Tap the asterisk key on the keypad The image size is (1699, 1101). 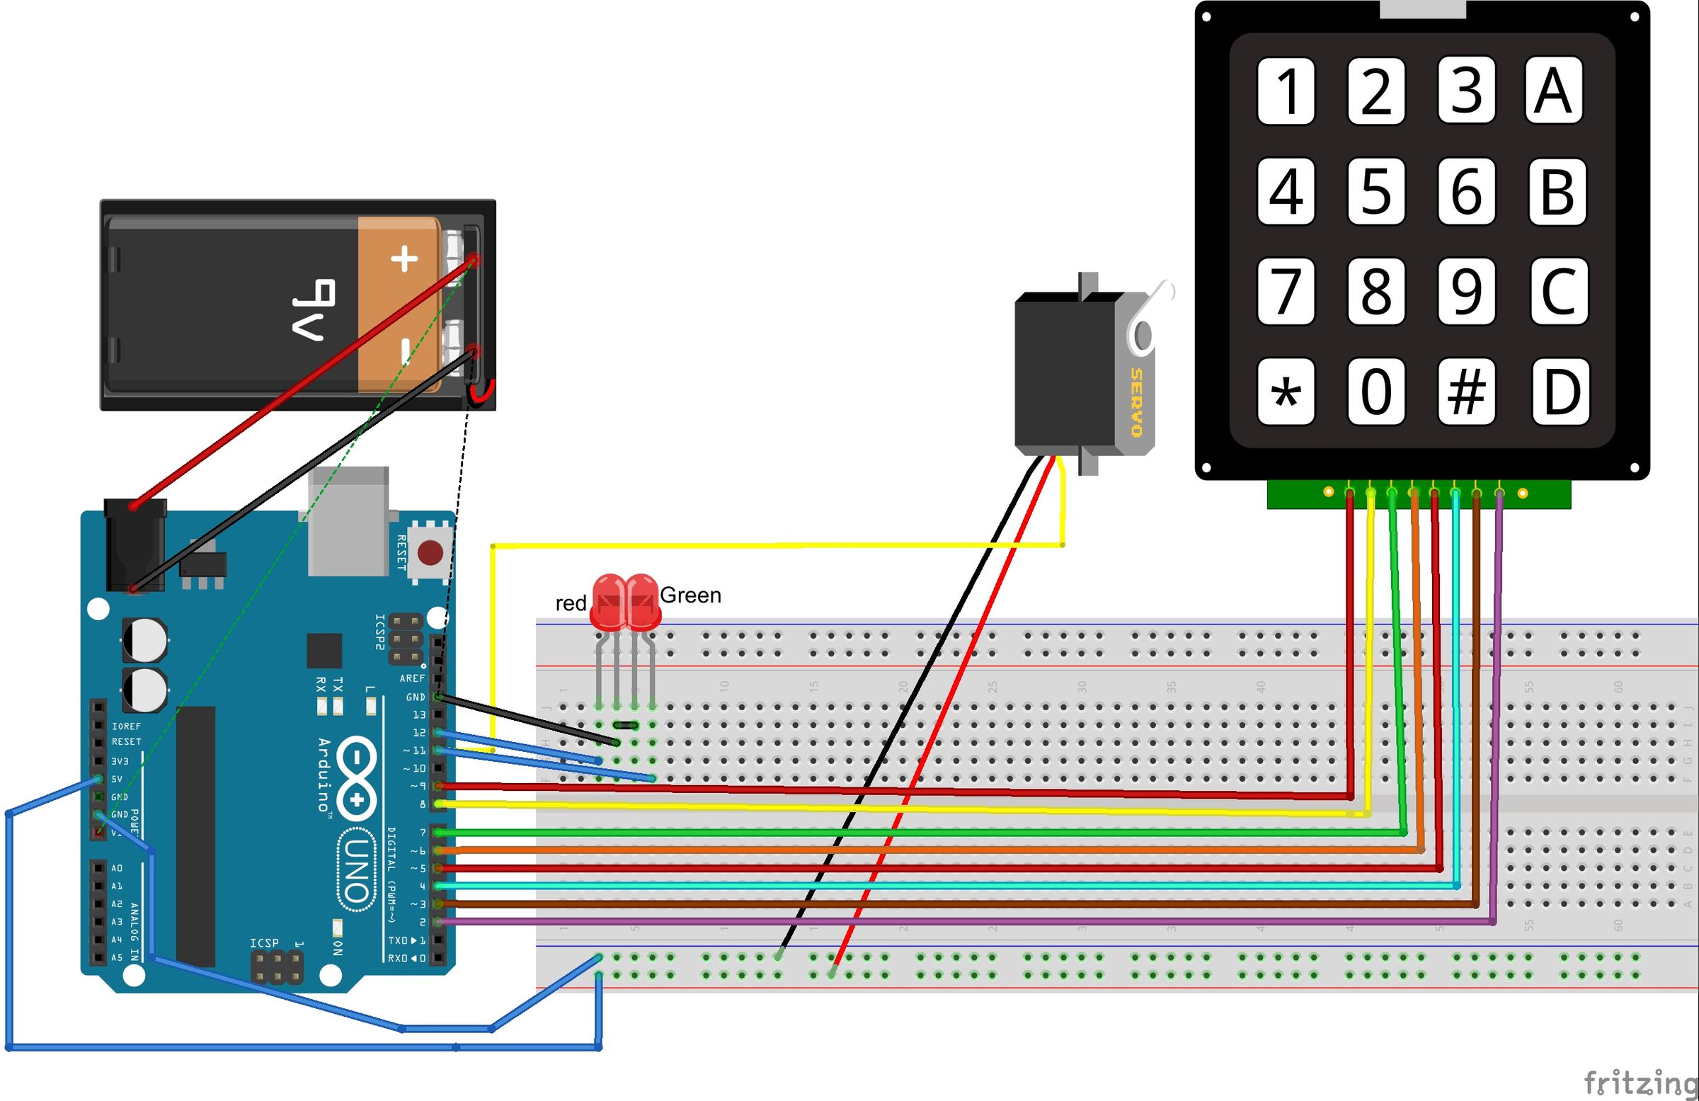click(1285, 392)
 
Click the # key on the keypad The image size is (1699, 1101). click(1466, 392)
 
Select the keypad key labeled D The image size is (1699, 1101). click(1560, 392)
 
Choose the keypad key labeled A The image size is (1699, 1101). click(1553, 91)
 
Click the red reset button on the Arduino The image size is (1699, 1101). click(430, 553)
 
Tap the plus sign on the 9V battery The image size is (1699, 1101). click(405, 258)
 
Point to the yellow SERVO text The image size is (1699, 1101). click(1136, 403)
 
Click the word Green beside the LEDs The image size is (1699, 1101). click(690, 595)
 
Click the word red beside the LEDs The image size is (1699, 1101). click(571, 604)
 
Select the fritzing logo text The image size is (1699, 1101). click(1639, 1083)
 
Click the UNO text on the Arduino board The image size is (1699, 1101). click(356, 869)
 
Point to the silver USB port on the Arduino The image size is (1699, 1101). click(349, 521)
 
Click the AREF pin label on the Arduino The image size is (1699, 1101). click(412, 678)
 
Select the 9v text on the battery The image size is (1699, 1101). click(314, 309)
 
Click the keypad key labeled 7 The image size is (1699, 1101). click(1285, 291)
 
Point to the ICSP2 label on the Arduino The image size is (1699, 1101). click(379, 632)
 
